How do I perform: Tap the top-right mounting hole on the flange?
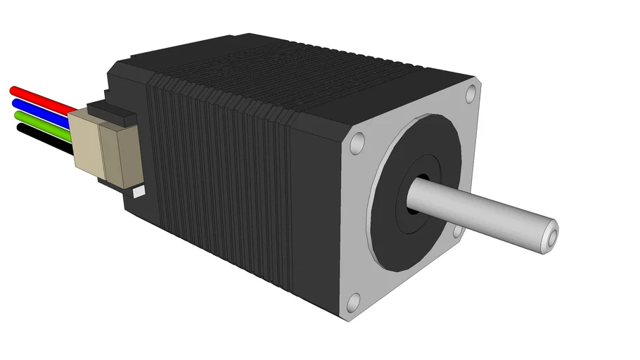[471, 94]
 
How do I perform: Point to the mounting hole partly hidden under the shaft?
[459, 230]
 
